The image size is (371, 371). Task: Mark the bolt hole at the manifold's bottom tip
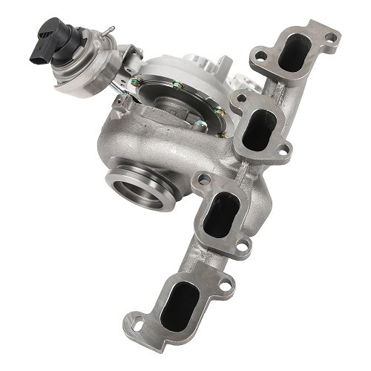[x=137, y=324]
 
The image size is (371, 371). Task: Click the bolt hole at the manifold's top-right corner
[x=332, y=34]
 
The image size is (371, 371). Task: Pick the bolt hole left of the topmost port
[x=260, y=53]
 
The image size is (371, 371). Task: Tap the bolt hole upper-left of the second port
[x=239, y=98]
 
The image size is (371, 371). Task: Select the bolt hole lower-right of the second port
[x=282, y=154]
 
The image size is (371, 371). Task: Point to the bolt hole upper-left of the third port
[x=200, y=180]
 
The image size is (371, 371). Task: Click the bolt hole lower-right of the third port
[x=240, y=244]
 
